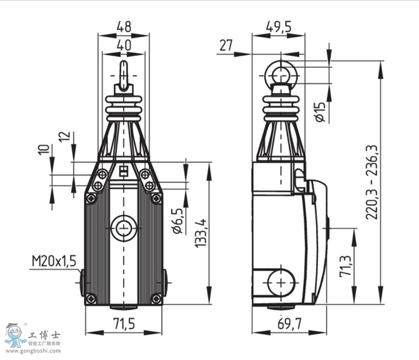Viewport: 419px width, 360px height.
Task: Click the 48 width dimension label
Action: [x=124, y=27]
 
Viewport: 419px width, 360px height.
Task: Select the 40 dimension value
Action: [x=124, y=45]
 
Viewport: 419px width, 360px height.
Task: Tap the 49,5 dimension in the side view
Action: [x=279, y=27]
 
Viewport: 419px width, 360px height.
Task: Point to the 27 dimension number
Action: [x=226, y=45]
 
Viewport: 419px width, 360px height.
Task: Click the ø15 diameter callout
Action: [x=321, y=112]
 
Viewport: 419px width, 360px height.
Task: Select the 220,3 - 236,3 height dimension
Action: [x=372, y=182]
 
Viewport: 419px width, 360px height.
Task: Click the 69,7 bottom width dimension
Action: [x=290, y=324]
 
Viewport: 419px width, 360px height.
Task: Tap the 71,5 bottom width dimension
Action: [x=124, y=324]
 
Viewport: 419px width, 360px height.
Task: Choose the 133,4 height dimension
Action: [x=201, y=233]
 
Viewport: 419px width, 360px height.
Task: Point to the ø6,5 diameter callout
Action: [x=178, y=221]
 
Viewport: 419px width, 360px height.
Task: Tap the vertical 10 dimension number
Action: [x=44, y=150]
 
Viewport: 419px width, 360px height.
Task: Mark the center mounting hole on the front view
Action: [x=123, y=228]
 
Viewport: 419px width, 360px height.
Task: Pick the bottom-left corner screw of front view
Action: [x=91, y=299]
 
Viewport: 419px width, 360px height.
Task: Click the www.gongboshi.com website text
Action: [x=33, y=351]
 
